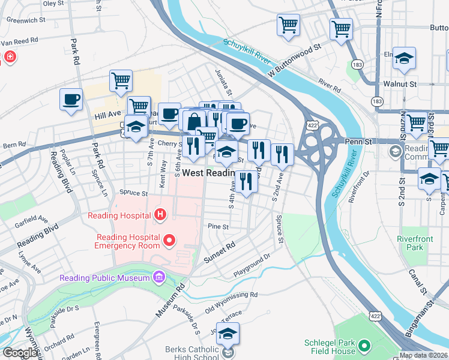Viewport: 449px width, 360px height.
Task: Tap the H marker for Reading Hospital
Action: [x=160, y=214]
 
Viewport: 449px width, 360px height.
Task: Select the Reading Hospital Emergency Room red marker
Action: [x=169, y=241]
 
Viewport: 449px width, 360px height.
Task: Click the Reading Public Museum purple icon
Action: [x=158, y=277]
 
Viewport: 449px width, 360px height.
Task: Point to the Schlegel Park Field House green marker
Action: [x=364, y=346]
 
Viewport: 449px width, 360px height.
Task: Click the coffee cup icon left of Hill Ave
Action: [x=71, y=99]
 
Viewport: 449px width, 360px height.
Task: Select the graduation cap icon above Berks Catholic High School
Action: [x=228, y=334]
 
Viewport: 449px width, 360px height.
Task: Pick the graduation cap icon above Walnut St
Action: [x=405, y=58]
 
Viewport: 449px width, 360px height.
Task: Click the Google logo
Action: [x=20, y=353]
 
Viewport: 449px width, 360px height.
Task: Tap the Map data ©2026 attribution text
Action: [x=423, y=355]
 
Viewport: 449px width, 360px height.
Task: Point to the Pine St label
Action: [x=218, y=227]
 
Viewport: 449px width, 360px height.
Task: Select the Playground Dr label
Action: [x=252, y=262]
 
